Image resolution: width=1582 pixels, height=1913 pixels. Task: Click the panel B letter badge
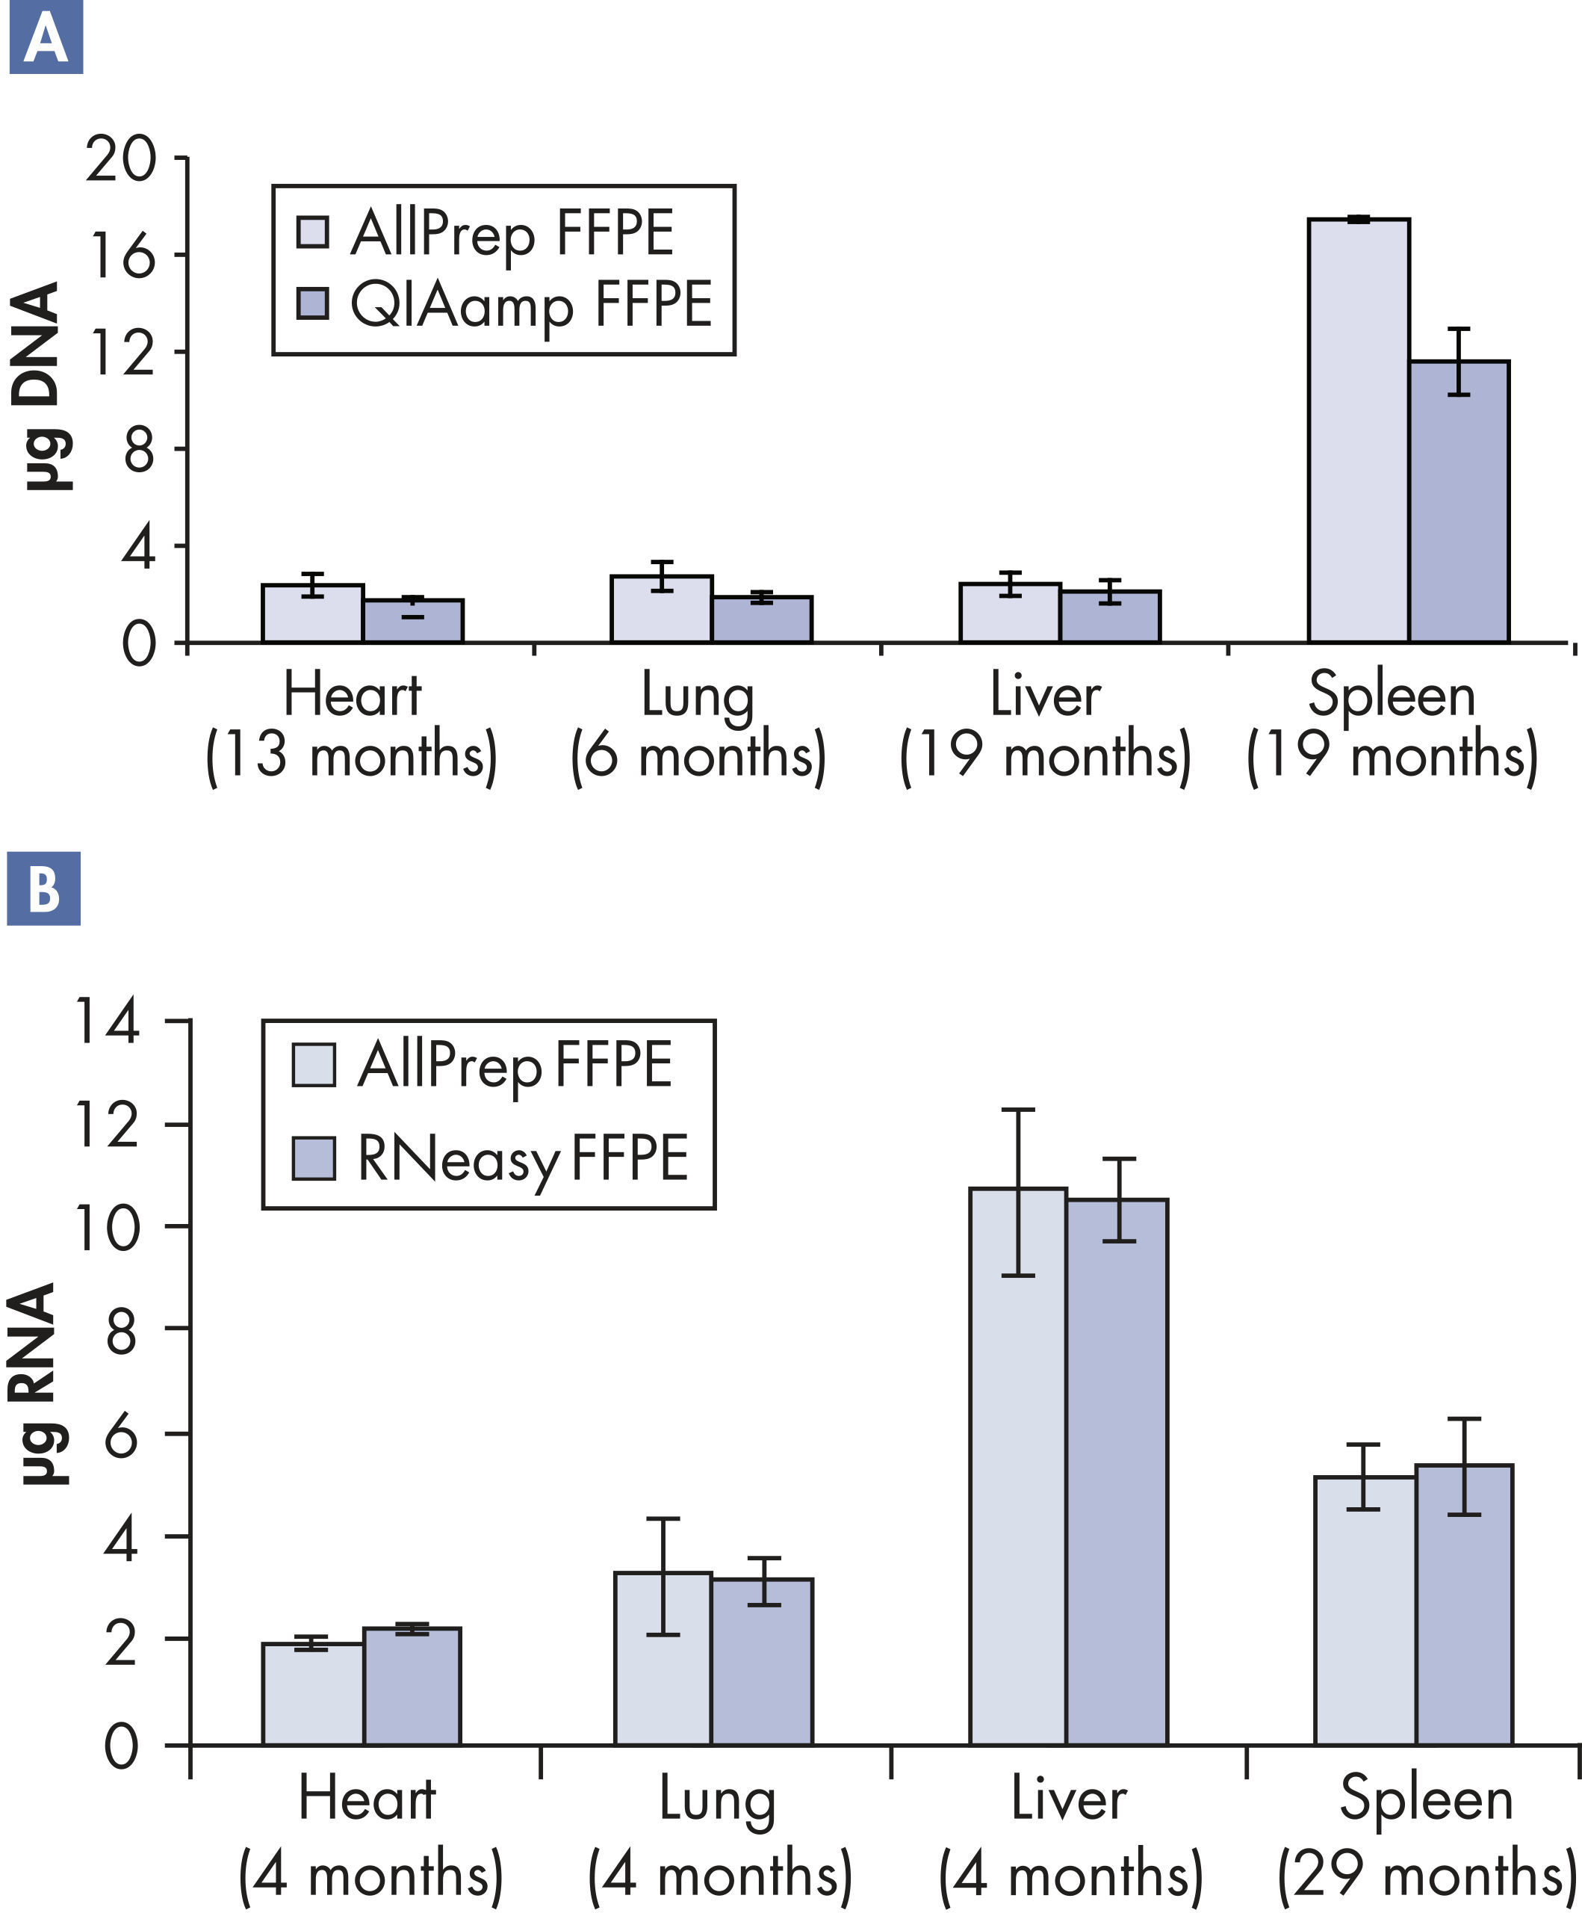44,888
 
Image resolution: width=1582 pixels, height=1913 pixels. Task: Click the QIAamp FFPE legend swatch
312,303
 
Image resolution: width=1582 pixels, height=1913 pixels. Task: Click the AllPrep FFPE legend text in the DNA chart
512,233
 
